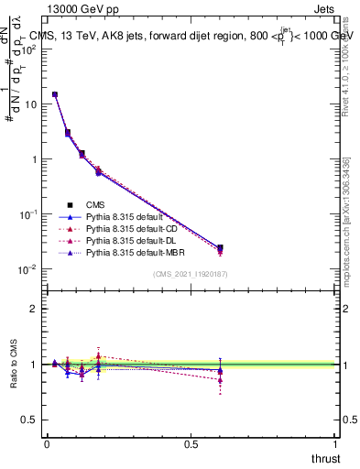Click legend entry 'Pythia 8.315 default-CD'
point(132,228)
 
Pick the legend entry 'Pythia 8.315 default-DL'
point(132,240)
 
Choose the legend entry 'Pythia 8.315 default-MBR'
point(135,252)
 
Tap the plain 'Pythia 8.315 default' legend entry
point(125,216)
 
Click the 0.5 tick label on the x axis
point(191,443)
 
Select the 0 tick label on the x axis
point(47,443)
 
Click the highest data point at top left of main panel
point(55,94)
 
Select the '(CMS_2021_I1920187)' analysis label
point(190,274)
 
